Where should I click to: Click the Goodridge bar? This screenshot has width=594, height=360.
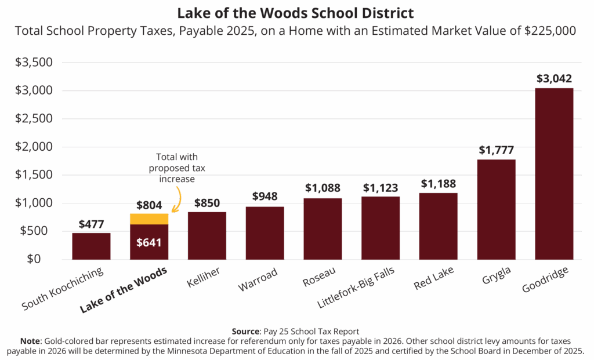pos(554,174)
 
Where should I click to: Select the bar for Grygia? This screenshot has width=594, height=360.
pos(496,209)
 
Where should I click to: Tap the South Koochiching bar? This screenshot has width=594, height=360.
pos(91,246)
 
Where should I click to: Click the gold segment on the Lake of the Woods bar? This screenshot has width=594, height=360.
pos(149,219)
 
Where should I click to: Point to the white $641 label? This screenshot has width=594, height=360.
pos(149,242)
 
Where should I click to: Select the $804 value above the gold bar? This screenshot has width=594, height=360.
pos(149,205)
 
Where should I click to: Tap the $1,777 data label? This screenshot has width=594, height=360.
pos(496,150)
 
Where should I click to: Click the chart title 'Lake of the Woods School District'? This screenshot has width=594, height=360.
pos(296,13)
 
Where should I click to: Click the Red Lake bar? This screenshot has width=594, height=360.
pos(438,226)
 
